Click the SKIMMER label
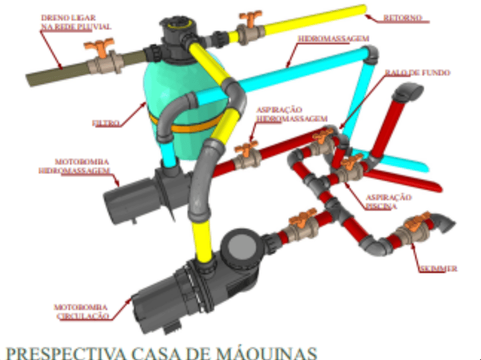(x=438, y=269)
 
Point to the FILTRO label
(x=106, y=123)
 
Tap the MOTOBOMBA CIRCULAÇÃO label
(x=81, y=311)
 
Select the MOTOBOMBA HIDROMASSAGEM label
(x=73, y=165)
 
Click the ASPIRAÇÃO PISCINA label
(x=389, y=201)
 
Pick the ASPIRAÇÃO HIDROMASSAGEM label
(x=292, y=113)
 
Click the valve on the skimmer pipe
(x=415, y=229)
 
